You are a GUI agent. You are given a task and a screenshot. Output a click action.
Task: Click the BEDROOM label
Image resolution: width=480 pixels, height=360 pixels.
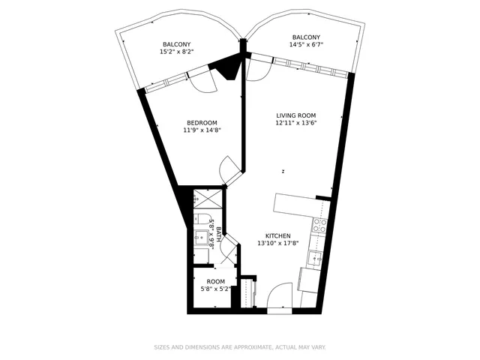click(202, 123)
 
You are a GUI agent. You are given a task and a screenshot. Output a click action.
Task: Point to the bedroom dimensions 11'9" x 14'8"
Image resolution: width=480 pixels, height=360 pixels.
click(202, 130)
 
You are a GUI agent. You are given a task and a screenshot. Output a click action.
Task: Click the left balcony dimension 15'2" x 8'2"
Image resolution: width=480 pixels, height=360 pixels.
click(177, 52)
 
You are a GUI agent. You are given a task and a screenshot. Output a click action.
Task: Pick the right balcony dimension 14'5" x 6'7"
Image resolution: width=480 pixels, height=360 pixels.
click(306, 45)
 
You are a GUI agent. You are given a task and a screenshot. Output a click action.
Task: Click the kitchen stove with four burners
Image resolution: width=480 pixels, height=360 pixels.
click(319, 226)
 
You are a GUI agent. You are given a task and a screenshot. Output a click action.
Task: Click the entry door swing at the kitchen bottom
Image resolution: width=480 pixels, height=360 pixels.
click(280, 295)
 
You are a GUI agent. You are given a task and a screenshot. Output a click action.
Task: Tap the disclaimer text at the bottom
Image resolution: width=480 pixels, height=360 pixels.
click(240, 347)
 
